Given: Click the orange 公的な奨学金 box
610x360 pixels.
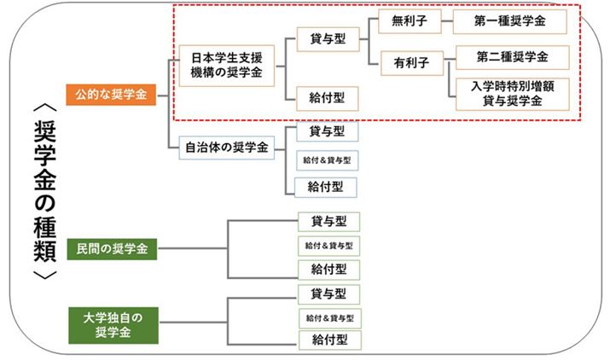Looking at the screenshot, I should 111,92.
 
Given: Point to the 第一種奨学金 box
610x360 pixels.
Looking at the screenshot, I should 510,20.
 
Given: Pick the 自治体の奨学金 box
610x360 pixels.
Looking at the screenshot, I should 220,147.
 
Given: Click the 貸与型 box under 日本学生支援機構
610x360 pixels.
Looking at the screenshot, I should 327,38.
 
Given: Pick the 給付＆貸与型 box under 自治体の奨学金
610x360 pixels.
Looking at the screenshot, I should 327,160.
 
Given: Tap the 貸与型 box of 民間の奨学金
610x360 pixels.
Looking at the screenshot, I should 328,222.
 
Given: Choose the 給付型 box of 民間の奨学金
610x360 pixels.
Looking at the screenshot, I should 328,270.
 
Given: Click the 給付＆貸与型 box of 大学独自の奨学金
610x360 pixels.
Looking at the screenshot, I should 328,317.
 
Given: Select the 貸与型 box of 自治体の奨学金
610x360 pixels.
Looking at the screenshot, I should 327,131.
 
